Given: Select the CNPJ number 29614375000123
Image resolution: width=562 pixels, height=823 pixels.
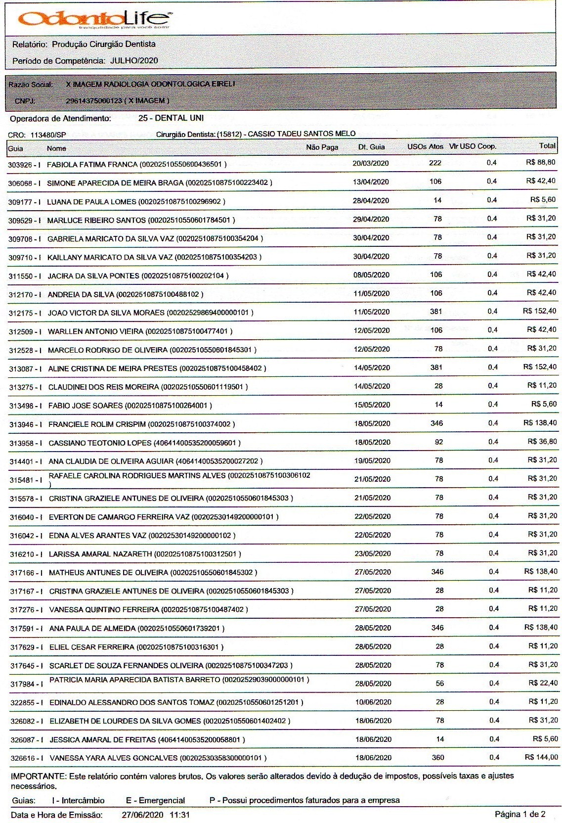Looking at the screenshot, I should coord(93,101).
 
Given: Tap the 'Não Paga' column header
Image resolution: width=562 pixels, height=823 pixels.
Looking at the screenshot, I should coord(322,147).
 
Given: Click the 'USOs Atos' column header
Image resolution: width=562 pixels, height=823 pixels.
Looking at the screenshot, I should coord(425,147).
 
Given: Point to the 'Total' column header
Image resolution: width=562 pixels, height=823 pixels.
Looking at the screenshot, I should coord(547,146).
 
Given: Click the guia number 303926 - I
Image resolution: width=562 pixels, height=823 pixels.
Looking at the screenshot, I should coord(24,164).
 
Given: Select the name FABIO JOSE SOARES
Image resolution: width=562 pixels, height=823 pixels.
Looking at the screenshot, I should coord(86,406).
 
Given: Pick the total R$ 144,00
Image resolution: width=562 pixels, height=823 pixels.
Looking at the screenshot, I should coord(541,757).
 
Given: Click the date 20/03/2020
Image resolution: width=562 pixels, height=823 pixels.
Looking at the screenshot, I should coord(371,163).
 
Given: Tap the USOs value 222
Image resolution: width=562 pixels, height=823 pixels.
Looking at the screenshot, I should coord(435,163).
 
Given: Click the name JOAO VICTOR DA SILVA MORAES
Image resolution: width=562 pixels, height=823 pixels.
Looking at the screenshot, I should coord(106,313).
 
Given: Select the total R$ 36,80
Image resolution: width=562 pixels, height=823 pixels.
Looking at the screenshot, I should coord(542,441).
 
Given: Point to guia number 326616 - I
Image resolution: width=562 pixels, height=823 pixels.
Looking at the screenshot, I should coord(26,758).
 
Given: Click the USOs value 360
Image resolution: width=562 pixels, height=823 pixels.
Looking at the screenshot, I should coord(438,757).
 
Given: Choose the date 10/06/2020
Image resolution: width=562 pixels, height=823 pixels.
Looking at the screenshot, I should coord(373,702).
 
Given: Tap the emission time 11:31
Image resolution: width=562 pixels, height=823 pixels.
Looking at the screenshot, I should coord(179,815).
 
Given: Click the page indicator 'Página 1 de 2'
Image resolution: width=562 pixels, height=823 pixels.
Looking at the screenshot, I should coord(520,814).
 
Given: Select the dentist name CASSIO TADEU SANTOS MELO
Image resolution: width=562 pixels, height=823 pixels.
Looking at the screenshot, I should coord(302,134).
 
